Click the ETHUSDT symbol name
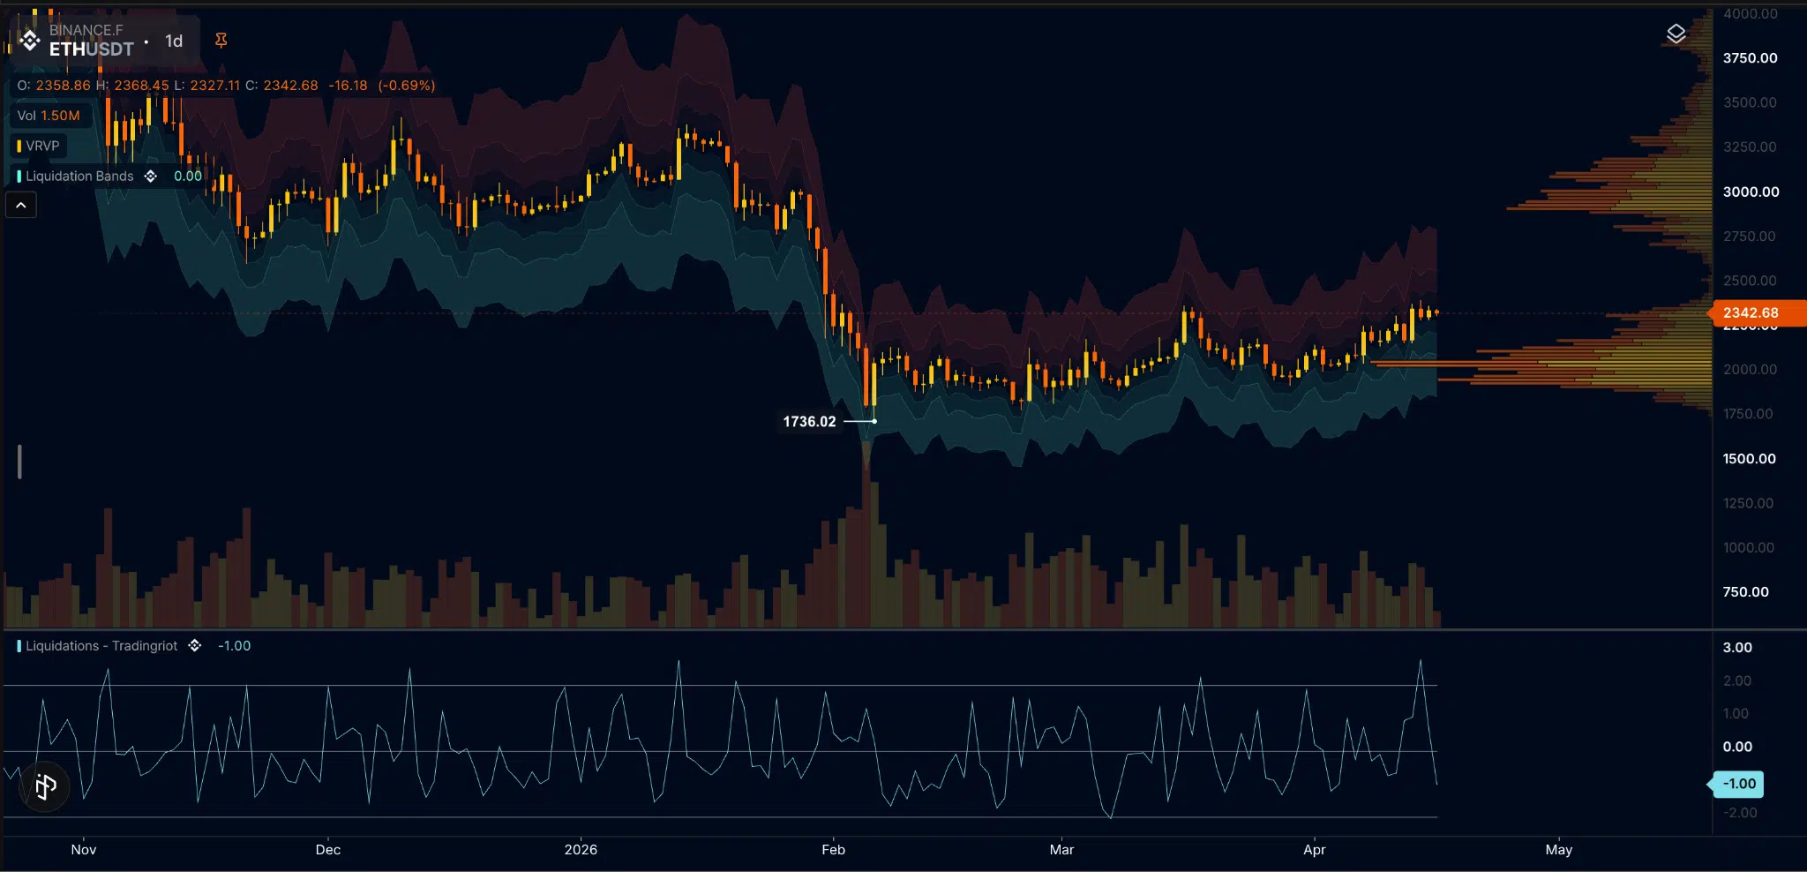coord(91,49)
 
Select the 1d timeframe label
coord(174,41)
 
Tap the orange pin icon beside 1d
coord(221,41)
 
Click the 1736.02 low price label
coord(809,422)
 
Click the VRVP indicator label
coord(41,146)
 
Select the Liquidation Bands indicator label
coord(79,177)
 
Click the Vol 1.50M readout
coord(49,116)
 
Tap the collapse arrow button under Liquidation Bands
coord(21,206)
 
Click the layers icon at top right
coord(1676,34)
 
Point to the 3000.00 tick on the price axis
coord(1751,192)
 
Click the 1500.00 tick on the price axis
coord(1749,459)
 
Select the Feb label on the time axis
coord(833,850)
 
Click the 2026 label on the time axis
coord(581,850)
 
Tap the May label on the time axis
coord(1558,850)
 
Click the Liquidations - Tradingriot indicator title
coord(101,646)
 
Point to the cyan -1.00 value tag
coord(1739,784)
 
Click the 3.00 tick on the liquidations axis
coord(1737,648)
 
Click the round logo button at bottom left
coord(45,786)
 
